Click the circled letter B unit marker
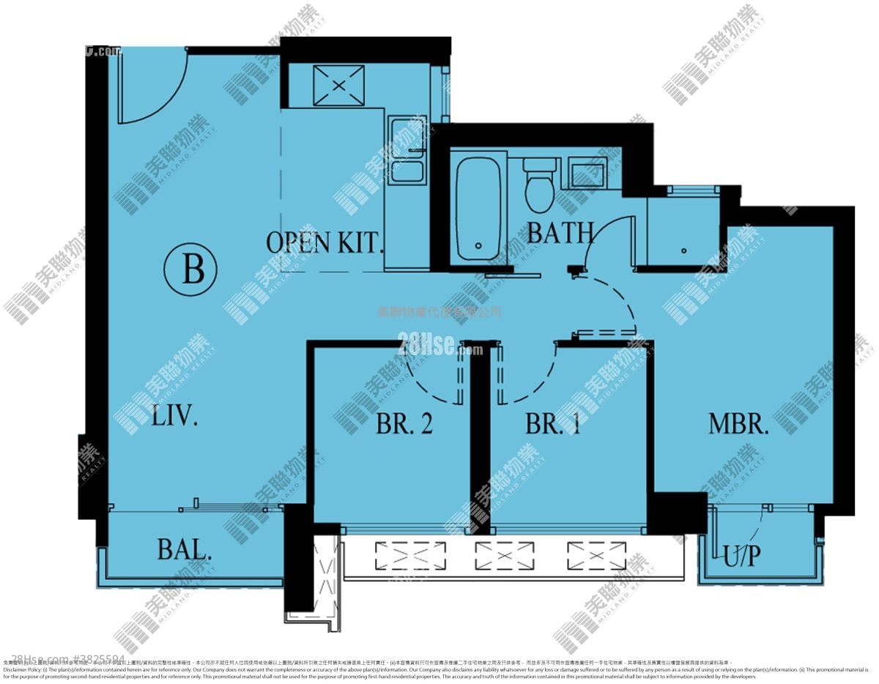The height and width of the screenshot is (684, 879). (193, 269)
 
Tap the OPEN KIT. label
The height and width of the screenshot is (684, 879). (324, 243)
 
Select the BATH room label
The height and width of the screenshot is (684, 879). (560, 233)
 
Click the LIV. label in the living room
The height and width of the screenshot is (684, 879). (175, 417)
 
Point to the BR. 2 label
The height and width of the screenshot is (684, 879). (404, 424)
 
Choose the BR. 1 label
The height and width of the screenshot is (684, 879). (553, 424)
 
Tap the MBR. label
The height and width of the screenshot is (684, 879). (738, 424)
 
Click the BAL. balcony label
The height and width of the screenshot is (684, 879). (185, 549)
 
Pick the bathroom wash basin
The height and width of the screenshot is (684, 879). (587, 174)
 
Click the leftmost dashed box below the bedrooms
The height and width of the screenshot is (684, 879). (410, 556)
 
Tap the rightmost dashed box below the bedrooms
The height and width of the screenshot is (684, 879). (596, 556)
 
